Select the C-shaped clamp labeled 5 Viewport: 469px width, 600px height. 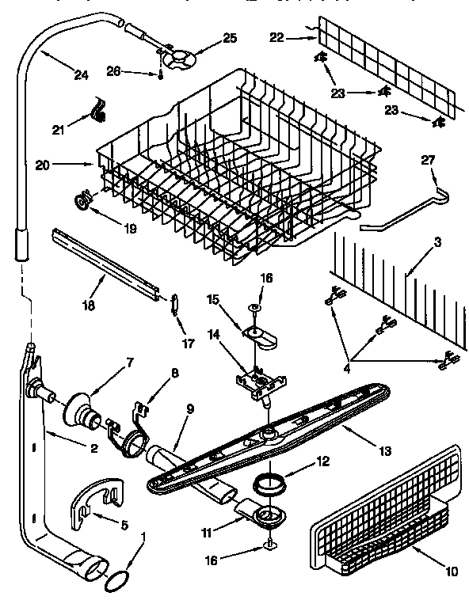point(95,507)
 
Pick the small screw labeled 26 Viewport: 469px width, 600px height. point(161,75)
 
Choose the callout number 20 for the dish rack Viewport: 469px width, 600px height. point(42,165)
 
